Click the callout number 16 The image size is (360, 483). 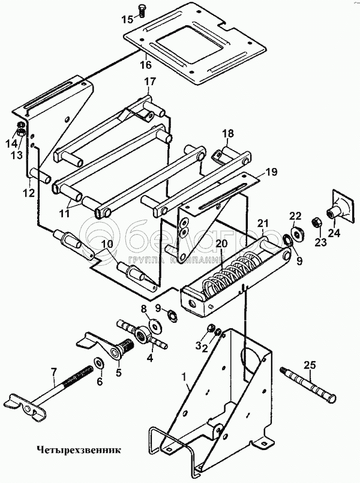coord(146,65)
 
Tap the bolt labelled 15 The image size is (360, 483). coord(142,11)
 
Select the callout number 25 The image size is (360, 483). coord(310,365)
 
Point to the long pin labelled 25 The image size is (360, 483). coord(307,384)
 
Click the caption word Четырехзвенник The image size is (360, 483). coord(79,450)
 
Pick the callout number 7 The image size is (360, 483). coord(53,373)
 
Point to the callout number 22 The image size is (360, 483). coord(295,216)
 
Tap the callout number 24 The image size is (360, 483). coord(334,233)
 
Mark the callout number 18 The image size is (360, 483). coord(228,133)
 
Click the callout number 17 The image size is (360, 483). coord(150,82)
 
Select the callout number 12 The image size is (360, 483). coord(29,193)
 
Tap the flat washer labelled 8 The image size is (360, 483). coord(154,325)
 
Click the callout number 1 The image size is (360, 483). coord(184,376)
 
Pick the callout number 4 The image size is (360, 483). coord(149,359)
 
